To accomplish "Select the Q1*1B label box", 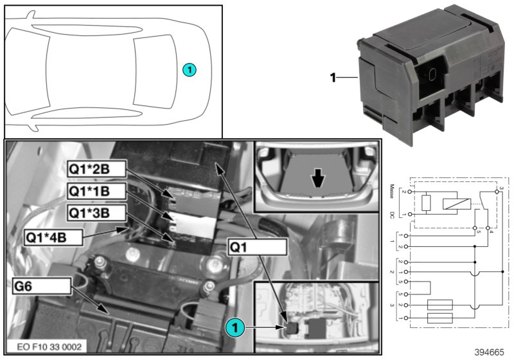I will point(96,192).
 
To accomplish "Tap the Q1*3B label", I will point(96,213).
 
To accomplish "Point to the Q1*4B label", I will point(54,237).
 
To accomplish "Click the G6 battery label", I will point(40,285).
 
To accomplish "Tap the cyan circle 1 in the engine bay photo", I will point(235,327).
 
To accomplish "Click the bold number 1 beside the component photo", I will point(333,78).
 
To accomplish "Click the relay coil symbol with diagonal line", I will point(454,203).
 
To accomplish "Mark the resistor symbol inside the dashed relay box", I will point(427,203).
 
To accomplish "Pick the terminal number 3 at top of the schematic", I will point(500,187).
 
